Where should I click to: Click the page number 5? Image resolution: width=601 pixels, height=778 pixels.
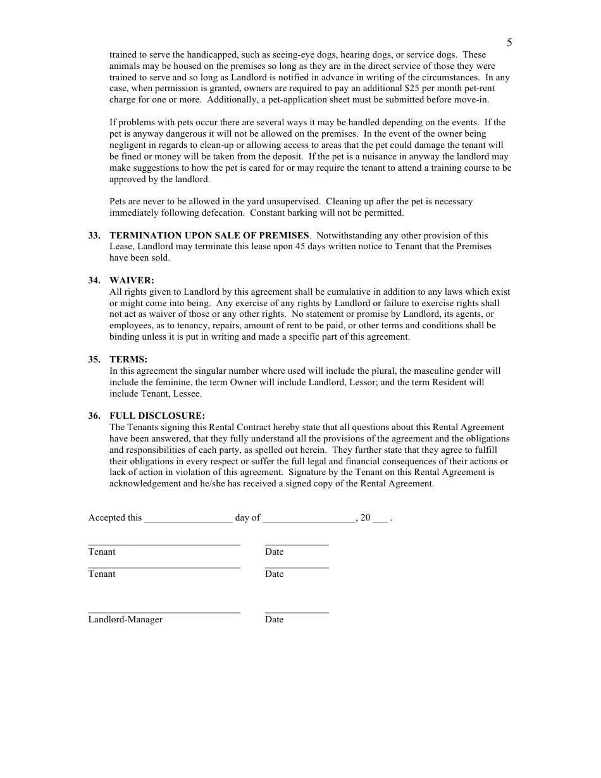tap(509, 43)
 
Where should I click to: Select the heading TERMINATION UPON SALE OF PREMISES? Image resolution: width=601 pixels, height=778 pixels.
tap(209, 235)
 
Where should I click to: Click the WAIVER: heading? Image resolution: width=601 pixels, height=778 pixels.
tap(132, 280)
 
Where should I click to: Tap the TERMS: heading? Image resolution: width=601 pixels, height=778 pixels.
tap(128, 359)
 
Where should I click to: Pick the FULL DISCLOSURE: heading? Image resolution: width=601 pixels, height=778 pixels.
tap(157, 416)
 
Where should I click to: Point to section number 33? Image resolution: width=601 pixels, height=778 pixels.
tap(94, 235)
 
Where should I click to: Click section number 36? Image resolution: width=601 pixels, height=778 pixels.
tap(94, 416)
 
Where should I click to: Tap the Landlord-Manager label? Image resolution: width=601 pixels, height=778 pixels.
tap(125, 619)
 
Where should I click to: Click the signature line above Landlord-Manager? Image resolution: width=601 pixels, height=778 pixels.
tap(164, 612)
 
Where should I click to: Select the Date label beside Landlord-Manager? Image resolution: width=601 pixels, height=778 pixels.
tap(274, 619)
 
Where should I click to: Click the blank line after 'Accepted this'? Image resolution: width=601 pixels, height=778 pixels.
tap(189, 519)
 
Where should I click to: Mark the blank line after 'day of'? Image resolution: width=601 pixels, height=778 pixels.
tap(309, 519)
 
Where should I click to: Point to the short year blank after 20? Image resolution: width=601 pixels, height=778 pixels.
tap(380, 519)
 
